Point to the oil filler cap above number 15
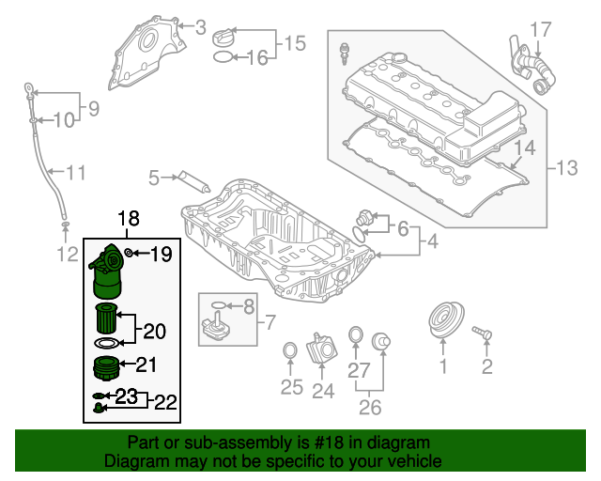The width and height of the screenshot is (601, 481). pyautogui.click(x=228, y=37)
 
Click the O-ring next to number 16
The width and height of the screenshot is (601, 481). pyautogui.click(x=223, y=58)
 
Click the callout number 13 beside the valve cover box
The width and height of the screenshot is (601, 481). pyautogui.click(x=568, y=169)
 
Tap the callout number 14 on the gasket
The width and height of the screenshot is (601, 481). pyautogui.click(x=525, y=147)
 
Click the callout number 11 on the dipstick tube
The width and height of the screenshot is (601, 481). pyautogui.click(x=75, y=172)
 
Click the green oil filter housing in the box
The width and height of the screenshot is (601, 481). pyautogui.click(x=107, y=275)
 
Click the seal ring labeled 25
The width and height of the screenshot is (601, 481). pyautogui.click(x=291, y=352)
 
